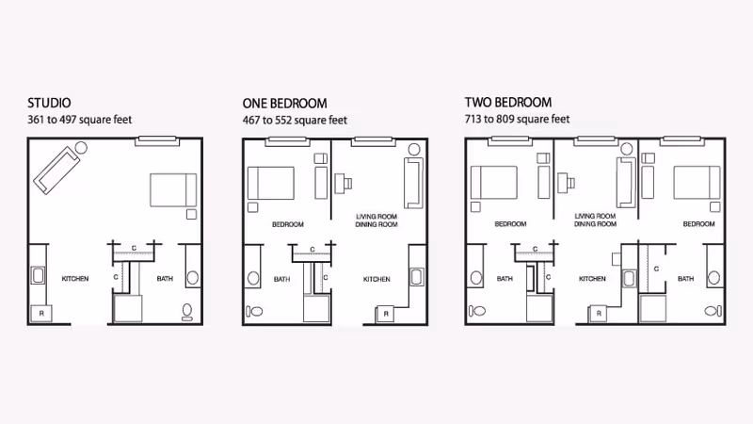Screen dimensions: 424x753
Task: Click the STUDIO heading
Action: [x=49, y=103]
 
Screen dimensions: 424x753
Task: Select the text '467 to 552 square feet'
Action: [x=295, y=120]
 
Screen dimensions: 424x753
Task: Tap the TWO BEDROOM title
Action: [x=508, y=102]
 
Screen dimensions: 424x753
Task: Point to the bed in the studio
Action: [x=173, y=190]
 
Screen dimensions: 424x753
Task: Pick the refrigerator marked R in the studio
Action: [x=41, y=313]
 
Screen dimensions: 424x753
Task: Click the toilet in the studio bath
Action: [x=187, y=310]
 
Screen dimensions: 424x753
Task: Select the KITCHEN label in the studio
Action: [x=75, y=279]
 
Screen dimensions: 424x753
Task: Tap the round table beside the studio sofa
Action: [x=81, y=148]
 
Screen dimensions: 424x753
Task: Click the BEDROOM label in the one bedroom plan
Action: [x=287, y=224]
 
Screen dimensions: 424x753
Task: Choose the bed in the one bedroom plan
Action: [x=270, y=181]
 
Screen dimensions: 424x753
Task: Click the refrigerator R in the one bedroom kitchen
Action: [x=386, y=313]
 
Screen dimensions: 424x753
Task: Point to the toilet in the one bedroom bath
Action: [x=253, y=311]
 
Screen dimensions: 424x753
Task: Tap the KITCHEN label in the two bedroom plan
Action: [x=592, y=279]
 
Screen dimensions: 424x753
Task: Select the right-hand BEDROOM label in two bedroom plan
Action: [x=698, y=224]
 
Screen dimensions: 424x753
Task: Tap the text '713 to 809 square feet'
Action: [x=518, y=120]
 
